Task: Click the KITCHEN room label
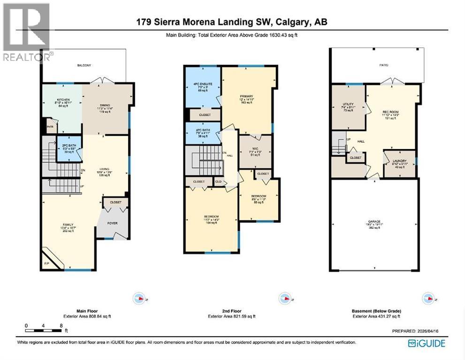63,100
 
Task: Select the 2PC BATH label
69,146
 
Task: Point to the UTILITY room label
348,104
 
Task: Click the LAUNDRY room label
399,160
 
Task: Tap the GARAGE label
374,221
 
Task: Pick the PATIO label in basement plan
384,65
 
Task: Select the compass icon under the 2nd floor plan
283,298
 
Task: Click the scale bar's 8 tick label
61,325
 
